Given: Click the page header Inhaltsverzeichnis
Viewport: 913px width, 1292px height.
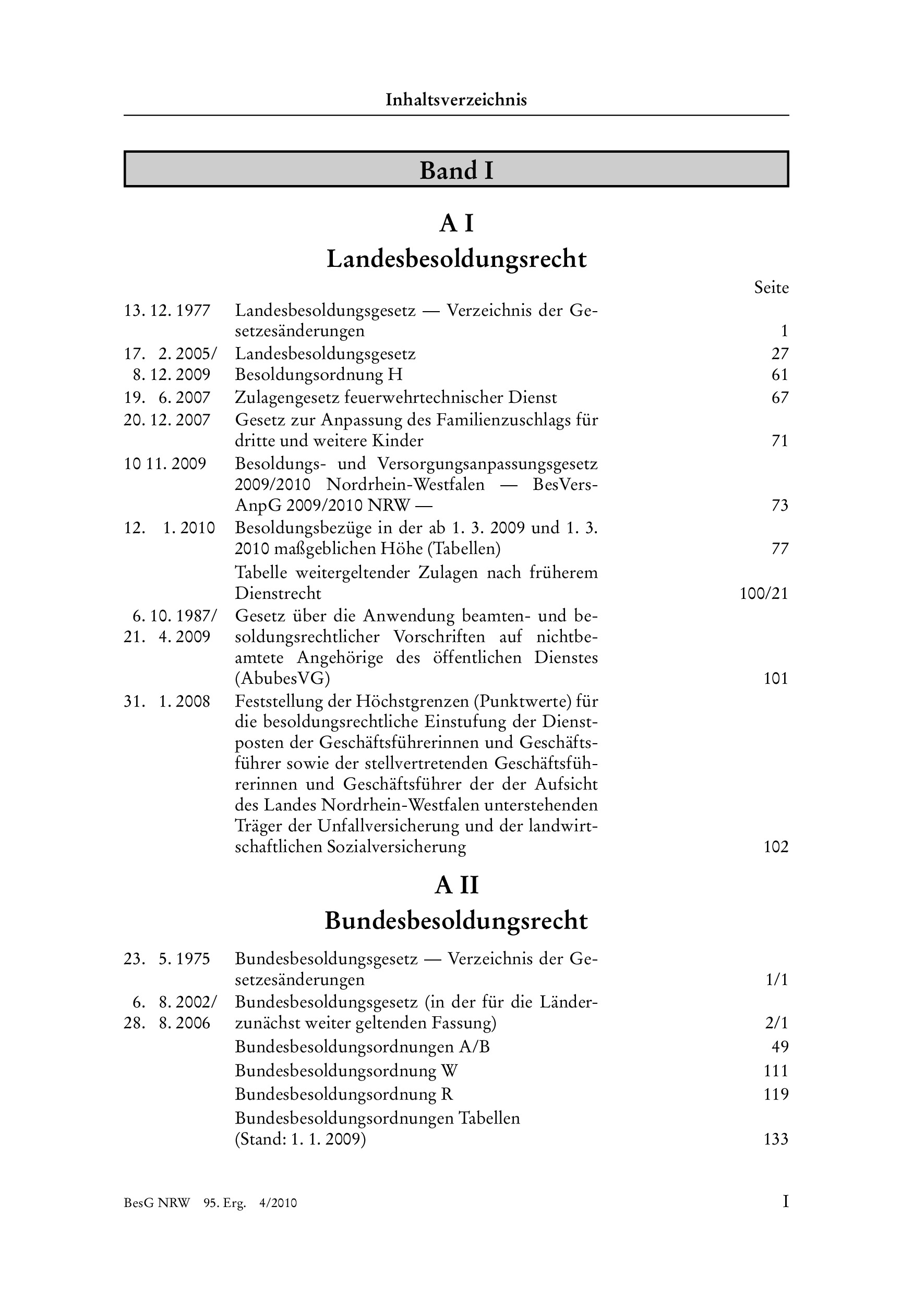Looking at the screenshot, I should coord(456,100).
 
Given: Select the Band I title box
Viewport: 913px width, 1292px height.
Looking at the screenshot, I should coord(456,169).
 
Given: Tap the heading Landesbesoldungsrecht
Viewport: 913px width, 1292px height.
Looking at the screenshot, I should coord(456,260).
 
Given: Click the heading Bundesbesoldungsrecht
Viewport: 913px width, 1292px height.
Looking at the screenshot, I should coord(456,921).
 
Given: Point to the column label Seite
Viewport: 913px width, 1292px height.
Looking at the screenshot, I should coord(771,288).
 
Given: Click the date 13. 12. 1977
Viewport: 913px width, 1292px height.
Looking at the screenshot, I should coord(167,311).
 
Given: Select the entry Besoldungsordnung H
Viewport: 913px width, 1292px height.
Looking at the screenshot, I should coord(319,375).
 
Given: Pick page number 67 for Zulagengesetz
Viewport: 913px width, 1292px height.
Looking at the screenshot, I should coord(779,398).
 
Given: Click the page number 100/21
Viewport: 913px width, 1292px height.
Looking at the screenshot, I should coord(764,594).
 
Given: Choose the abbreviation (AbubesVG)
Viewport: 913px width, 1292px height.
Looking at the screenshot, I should coord(282,679).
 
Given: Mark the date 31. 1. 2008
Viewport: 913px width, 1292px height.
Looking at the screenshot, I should coord(167,702).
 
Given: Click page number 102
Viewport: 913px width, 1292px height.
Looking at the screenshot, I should coord(776,847).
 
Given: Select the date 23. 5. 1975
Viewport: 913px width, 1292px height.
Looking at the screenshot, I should coord(167,959).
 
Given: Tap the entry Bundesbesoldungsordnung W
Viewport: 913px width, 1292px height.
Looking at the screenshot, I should coord(346,1071).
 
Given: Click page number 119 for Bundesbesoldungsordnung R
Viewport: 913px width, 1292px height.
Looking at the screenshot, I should coord(776,1094).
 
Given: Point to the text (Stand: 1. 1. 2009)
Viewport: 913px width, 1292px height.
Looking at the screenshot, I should coord(300,1139).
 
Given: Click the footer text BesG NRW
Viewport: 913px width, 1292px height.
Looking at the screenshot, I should coord(157,1203).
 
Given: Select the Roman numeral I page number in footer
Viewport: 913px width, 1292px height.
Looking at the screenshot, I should coord(785,1202).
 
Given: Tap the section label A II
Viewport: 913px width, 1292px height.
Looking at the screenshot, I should coord(456,885).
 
